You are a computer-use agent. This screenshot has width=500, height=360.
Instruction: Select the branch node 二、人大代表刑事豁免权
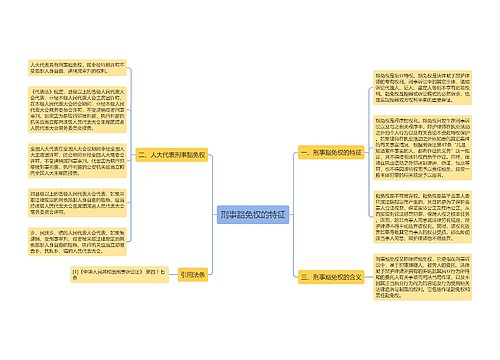tap(178, 155)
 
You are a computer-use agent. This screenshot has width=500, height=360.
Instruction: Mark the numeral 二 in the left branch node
tap(144, 155)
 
